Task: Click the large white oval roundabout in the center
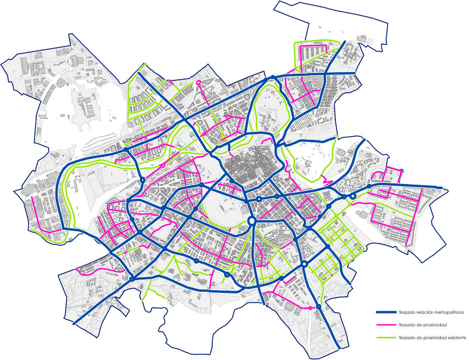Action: click(x=252, y=221)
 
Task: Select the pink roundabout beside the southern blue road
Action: click(x=310, y=308)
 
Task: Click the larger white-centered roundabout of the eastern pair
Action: click(x=352, y=196)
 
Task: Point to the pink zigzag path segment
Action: click(x=326, y=180)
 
